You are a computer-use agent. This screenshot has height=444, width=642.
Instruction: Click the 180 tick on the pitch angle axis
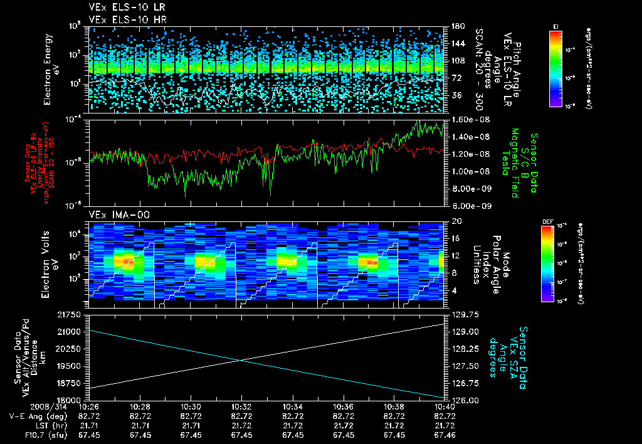point(456,26)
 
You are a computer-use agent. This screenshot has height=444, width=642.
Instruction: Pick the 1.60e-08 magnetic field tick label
point(465,119)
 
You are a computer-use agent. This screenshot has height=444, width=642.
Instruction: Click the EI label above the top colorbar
point(555,26)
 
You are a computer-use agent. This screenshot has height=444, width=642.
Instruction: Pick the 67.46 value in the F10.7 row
point(445,435)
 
